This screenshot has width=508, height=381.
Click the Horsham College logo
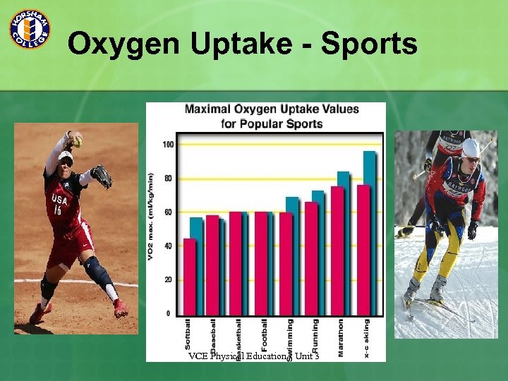coord(29,29)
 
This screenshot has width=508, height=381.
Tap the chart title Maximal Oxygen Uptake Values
coord(272,109)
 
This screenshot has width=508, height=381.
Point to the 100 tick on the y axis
coord(168,145)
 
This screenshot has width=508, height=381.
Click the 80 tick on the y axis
coord(168,179)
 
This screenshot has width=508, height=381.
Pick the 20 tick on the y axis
coord(168,279)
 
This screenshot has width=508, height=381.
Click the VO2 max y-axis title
coord(150,215)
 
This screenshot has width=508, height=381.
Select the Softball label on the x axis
coord(188,336)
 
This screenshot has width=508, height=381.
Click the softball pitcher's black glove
coord(102,176)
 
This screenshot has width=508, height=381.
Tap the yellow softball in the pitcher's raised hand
coord(77,141)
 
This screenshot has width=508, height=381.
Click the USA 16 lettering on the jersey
coord(59,205)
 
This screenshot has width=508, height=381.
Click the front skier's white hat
coord(471,147)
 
